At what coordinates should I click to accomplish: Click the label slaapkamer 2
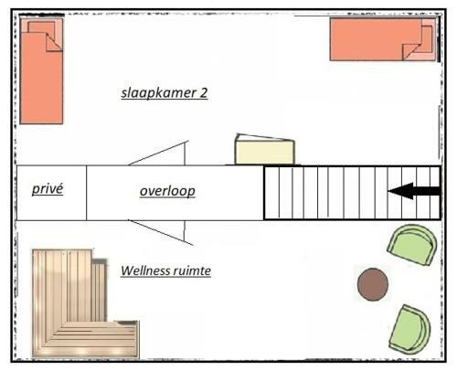165,93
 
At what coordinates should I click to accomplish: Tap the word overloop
167,191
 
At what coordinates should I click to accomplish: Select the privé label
48,189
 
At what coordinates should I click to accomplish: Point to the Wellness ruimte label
166,270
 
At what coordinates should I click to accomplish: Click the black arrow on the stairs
414,191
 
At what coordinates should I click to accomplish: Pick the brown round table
373,284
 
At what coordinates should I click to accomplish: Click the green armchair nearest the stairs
412,245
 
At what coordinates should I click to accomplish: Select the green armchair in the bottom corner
410,330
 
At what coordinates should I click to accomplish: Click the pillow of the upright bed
41,33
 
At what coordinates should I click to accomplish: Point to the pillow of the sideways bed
423,39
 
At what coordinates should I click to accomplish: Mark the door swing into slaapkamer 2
158,153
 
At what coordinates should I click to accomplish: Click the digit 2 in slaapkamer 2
203,93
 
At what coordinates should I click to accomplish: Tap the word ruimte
192,270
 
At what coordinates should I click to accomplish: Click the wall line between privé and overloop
87,193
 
